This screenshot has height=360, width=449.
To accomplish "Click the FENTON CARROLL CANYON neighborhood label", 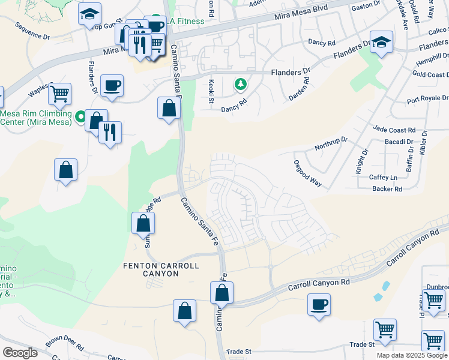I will point(151,269).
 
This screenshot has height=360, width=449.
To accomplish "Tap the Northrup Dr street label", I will point(332,144).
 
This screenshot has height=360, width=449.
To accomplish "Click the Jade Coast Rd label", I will point(394,130).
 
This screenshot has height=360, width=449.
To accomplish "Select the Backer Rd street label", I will point(387,189).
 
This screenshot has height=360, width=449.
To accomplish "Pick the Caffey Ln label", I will point(384,178).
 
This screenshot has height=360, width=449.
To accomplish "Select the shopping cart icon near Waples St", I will point(59,94).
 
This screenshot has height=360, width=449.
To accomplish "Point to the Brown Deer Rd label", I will point(64,343).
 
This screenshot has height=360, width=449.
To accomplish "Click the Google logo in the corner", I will point(20,352).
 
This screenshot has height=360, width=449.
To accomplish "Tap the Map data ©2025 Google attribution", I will point(411,355).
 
